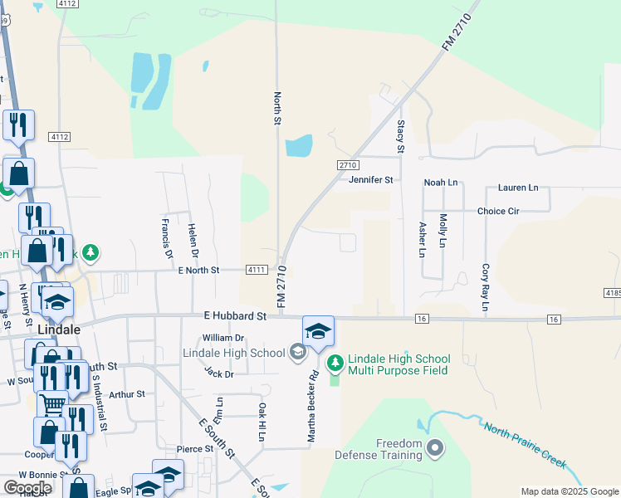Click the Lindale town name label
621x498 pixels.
click(x=81, y=328)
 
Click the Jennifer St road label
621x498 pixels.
click(x=370, y=179)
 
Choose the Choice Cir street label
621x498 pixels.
click(x=498, y=211)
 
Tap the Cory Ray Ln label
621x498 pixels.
click(x=484, y=289)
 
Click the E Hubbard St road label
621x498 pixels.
click(x=234, y=316)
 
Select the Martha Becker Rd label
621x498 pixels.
click(x=314, y=408)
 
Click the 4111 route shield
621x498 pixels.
click(x=257, y=270)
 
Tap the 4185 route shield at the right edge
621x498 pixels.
click(x=613, y=293)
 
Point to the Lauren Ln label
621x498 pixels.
click(x=518, y=188)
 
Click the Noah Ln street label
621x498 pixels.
click(x=441, y=182)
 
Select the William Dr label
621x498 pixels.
click(x=223, y=338)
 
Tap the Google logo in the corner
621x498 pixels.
click(x=28, y=487)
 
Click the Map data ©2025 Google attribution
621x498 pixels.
click(x=570, y=491)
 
